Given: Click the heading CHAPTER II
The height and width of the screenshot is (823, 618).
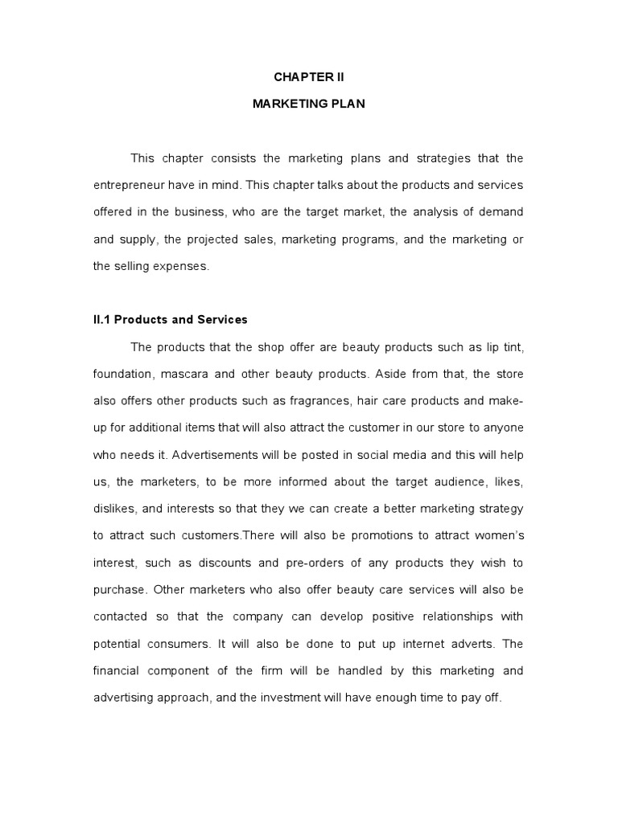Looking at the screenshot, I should pyautogui.click(x=309, y=78).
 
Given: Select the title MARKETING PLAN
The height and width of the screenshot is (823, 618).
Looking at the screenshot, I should pyautogui.click(x=309, y=104).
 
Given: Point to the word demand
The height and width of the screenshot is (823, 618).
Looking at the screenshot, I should pyautogui.click(x=501, y=211).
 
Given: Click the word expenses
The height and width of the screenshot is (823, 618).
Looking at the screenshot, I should pyautogui.click(x=181, y=266).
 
